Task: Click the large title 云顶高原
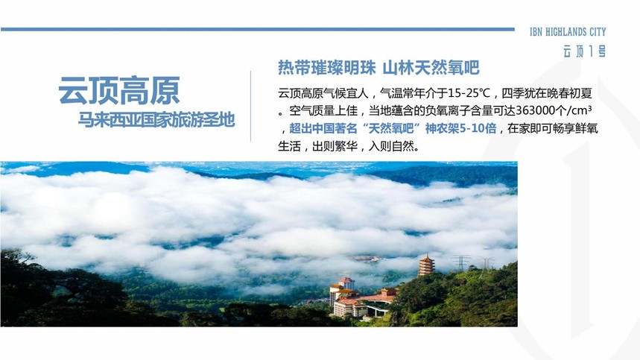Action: click(118, 91)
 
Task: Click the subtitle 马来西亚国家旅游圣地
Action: click(156, 119)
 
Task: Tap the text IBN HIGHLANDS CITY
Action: click(568, 32)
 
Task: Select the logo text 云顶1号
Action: click(584, 51)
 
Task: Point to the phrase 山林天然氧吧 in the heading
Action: click(431, 67)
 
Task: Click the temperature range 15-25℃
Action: click(469, 93)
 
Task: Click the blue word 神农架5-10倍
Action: click(461, 128)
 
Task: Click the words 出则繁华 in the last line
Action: click(335, 146)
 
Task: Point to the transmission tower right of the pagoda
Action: click(461, 262)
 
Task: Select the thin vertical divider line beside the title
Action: click(250, 106)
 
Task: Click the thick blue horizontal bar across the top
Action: click(258, 29)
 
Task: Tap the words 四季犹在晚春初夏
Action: click(547, 93)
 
